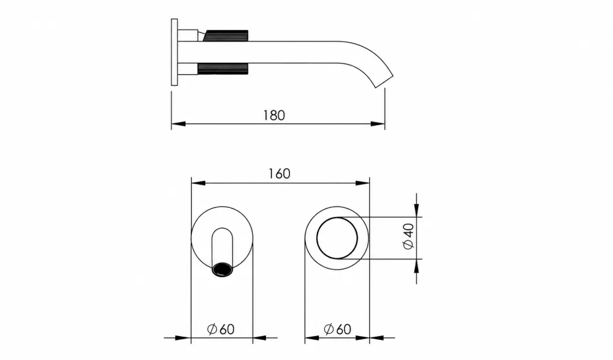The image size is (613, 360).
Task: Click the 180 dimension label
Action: click(273, 115)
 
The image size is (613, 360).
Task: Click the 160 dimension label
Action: click(279, 174)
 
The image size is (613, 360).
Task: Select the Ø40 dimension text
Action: click(408, 236)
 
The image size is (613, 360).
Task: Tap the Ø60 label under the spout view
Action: click(221, 329)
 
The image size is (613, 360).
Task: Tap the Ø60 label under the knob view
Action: click(337, 329)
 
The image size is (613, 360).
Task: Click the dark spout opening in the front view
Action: click(222, 270)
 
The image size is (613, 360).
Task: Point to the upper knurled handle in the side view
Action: click(226, 35)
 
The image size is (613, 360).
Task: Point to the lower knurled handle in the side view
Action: click(223, 69)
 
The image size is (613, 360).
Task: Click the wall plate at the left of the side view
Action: click(174, 52)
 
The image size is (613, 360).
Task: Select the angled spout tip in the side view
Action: click(384, 80)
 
